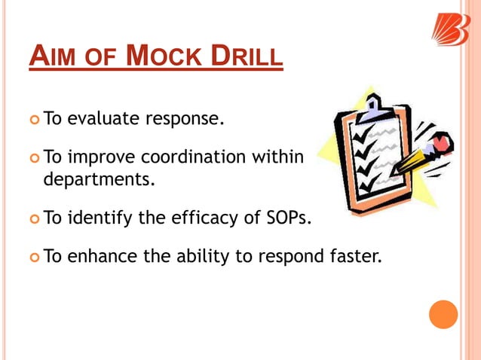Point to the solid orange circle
coord(443,313)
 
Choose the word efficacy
coord(214,220)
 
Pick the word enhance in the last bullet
coord(96,258)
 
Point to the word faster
coord(351,258)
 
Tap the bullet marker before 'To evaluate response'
coord(34,119)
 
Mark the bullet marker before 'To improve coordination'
coord(34,158)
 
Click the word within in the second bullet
coord(278,157)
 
